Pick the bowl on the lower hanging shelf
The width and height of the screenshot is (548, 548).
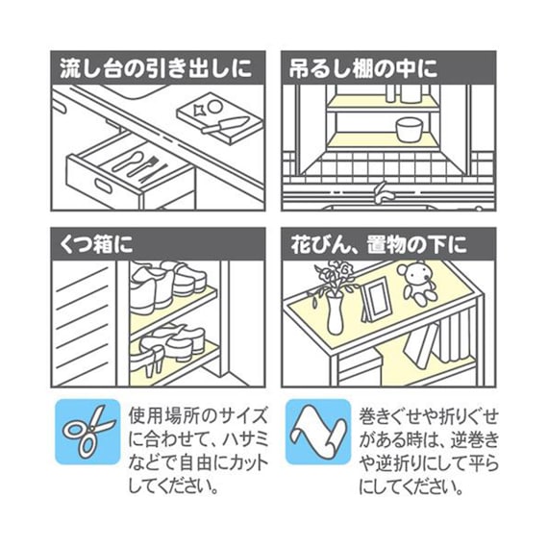pos(411,129)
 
